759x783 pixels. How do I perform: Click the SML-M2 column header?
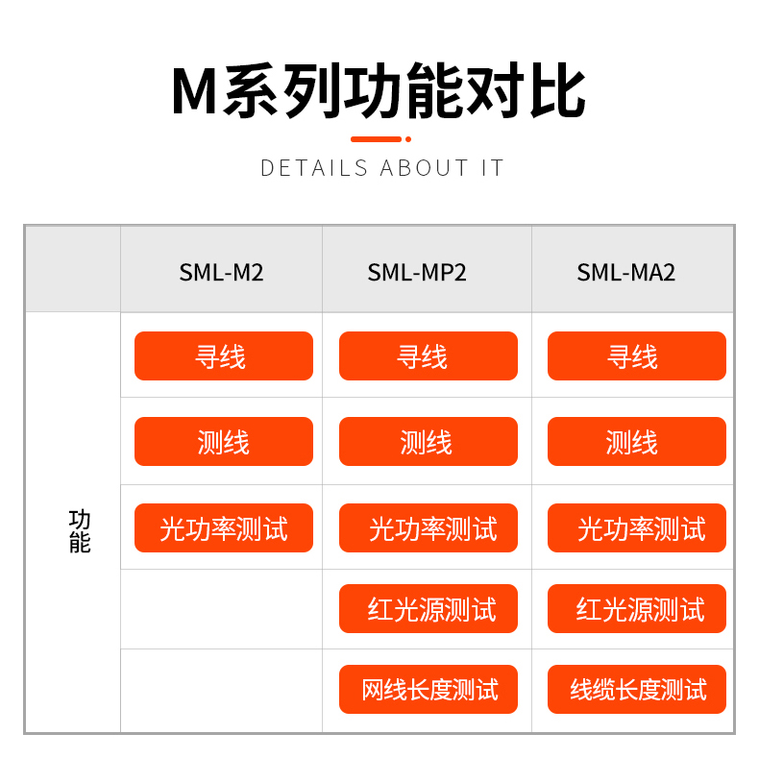(x=221, y=273)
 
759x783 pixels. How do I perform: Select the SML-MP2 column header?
(x=417, y=273)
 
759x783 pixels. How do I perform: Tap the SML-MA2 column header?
(x=626, y=273)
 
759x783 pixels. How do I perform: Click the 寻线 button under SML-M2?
(x=224, y=356)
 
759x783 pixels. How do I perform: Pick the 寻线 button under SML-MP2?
(x=428, y=356)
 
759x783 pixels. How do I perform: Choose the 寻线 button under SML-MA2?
(x=637, y=356)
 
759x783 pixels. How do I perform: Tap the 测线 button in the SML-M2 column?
(x=224, y=441)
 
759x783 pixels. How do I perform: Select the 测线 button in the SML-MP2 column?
(x=428, y=441)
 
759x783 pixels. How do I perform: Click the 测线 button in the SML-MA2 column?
(x=637, y=441)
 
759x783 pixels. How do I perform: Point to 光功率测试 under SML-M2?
(x=224, y=527)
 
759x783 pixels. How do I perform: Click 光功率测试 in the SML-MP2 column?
(x=428, y=527)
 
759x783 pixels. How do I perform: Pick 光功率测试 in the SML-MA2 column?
(x=637, y=527)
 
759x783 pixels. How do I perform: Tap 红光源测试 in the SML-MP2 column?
(x=428, y=609)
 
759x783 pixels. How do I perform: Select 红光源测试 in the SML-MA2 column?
(x=637, y=609)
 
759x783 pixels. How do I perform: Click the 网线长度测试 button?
(x=428, y=689)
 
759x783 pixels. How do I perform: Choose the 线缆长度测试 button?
(x=637, y=689)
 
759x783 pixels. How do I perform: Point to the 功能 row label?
(x=80, y=531)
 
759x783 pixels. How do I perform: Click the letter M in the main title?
(x=195, y=92)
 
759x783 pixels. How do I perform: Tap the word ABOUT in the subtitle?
(x=425, y=168)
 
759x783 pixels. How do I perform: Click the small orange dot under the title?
(x=408, y=139)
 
